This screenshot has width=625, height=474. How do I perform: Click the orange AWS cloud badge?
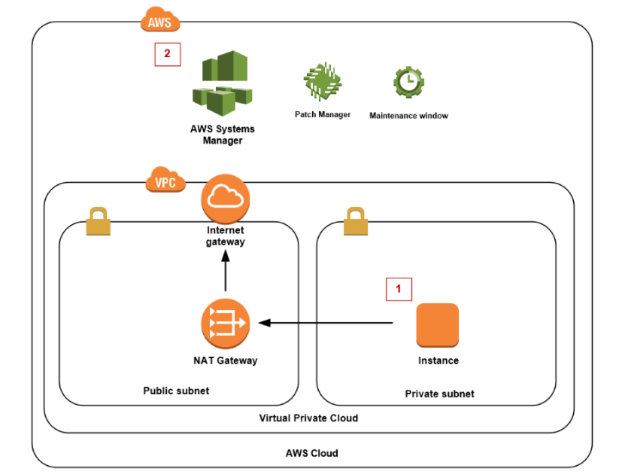pyautogui.click(x=161, y=21)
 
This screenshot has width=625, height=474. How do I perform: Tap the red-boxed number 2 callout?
pyautogui.click(x=167, y=54)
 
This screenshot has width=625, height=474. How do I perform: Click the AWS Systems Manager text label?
pyautogui.click(x=223, y=134)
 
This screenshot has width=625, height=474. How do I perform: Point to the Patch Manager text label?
pyautogui.click(x=322, y=114)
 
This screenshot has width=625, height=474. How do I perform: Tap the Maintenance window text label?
pyautogui.click(x=408, y=116)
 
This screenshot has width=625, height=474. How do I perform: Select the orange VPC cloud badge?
pyautogui.click(x=166, y=182)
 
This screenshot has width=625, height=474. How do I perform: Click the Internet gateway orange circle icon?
pyautogui.click(x=225, y=197)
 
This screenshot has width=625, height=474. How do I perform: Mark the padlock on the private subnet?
pyautogui.click(x=356, y=221)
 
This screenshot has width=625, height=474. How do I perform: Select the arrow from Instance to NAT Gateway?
pyautogui.click(x=326, y=323)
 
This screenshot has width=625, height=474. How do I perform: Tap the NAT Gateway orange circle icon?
pyautogui.click(x=225, y=323)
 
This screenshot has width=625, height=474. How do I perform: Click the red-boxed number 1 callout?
pyautogui.click(x=398, y=289)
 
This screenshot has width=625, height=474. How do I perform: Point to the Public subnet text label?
pyautogui.click(x=176, y=391)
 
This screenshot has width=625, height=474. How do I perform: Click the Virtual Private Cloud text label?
pyautogui.click(x=309, y=418)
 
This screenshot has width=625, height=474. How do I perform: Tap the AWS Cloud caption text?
pyautogui.click(x=311, y=453)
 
